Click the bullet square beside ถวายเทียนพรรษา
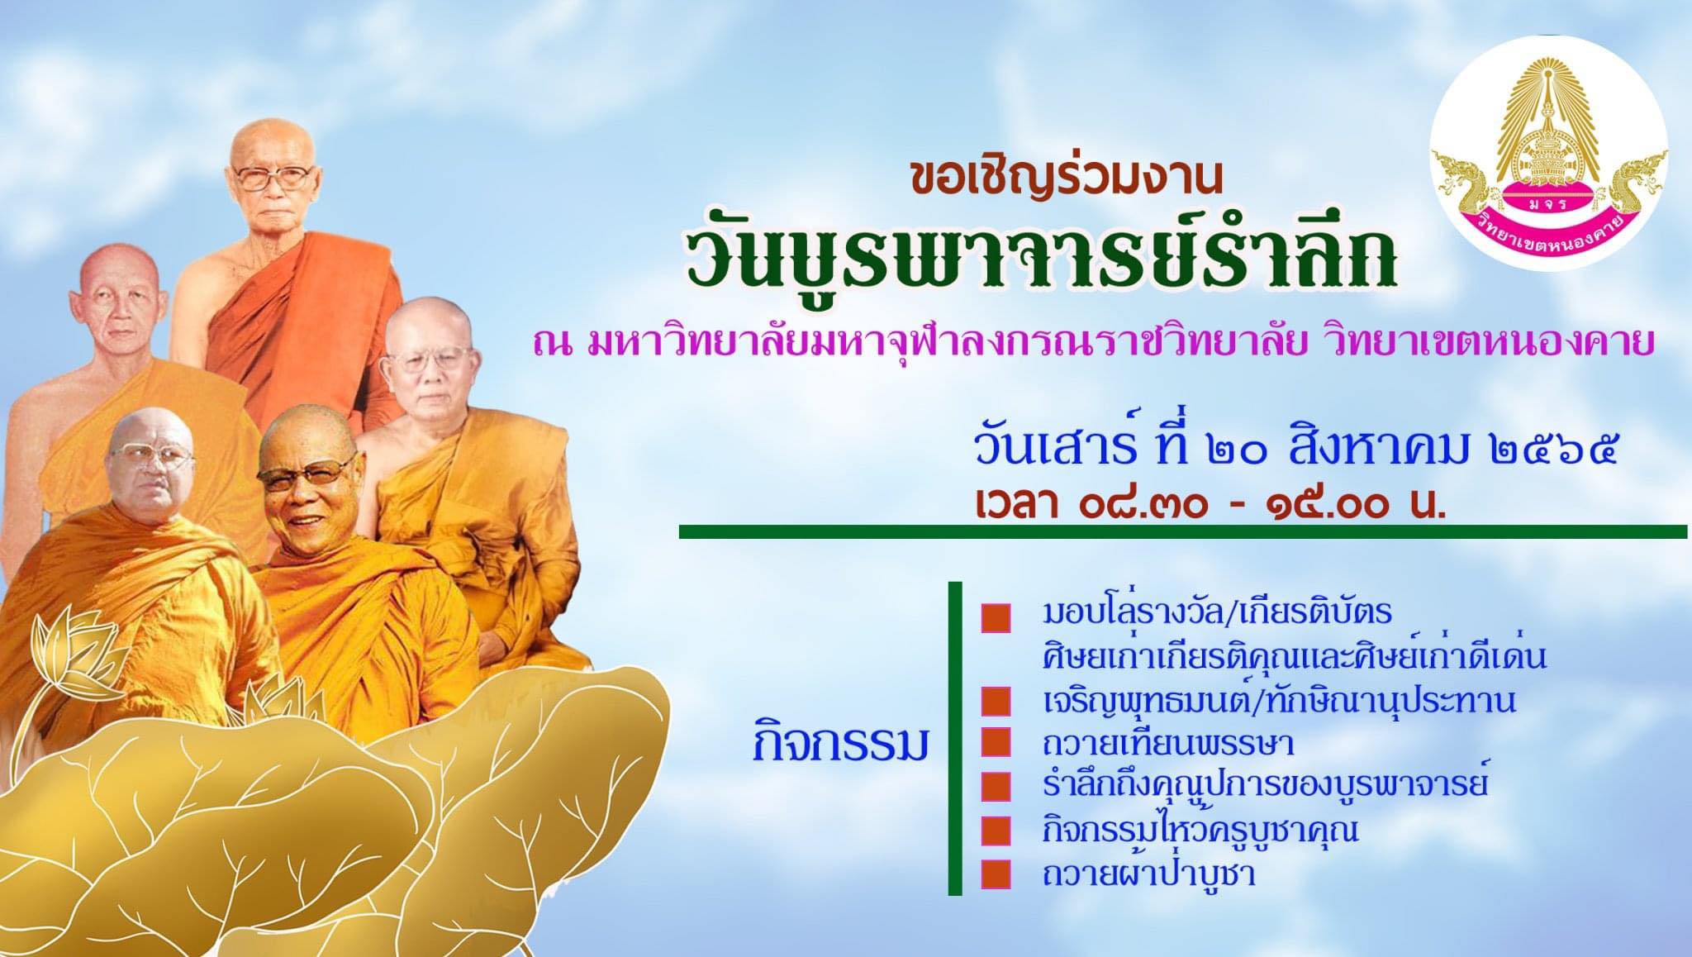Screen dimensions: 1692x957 click(x=996, y=744)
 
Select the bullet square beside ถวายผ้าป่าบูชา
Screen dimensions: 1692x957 click(x=996, y=874)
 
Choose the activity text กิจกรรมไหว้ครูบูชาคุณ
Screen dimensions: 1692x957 click(x=1200, y=831)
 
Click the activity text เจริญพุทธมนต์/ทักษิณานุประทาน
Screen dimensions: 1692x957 click(x=1279, y=701)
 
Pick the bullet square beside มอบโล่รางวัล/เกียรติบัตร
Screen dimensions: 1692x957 click(x=996, y=617)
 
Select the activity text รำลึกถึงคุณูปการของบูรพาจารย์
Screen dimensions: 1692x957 click(x=1265, y=786)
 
